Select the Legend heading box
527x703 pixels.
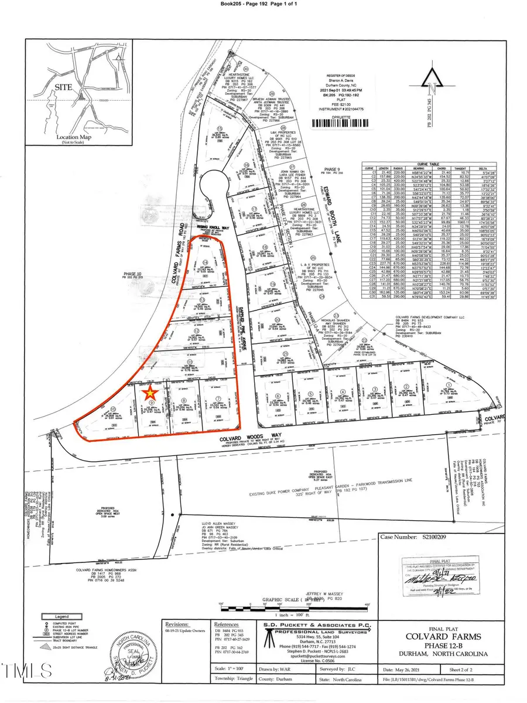point(61,617)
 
